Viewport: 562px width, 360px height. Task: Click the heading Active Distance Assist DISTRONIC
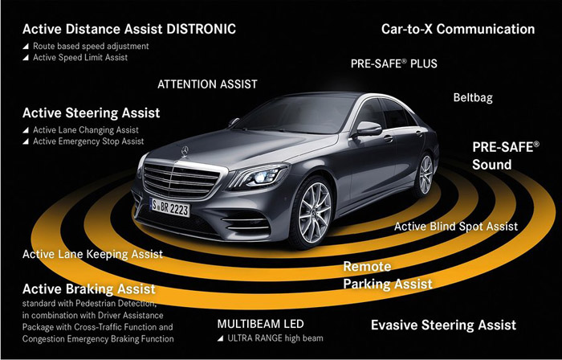pos(129,29)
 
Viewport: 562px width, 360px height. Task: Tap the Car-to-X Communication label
pos(458,29)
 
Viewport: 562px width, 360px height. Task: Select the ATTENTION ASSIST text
pos(207,84)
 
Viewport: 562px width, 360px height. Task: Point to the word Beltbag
pos(473,97)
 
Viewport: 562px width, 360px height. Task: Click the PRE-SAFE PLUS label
pos(394,63)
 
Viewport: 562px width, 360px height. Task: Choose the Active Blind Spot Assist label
pos(456,227)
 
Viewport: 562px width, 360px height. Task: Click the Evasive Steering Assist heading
pos(443,325)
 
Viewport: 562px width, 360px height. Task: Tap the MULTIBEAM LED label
pos(261,324)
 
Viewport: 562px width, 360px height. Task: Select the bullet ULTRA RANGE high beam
pos(271,338)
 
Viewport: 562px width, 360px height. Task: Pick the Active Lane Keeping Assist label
pos(92,254)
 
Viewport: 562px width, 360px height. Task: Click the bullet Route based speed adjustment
pos(86,47)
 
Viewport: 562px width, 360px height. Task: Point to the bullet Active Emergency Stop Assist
pos(83,141)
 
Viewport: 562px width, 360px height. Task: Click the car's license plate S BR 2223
pos(170,207)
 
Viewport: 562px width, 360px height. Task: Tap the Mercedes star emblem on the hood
pos(185,151)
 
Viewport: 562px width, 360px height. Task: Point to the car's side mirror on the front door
pos(368,129)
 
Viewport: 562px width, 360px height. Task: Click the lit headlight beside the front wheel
pos(259,177)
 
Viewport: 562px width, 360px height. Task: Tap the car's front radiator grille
pos(181,180)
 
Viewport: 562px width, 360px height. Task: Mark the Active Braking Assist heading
pos(89,288)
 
